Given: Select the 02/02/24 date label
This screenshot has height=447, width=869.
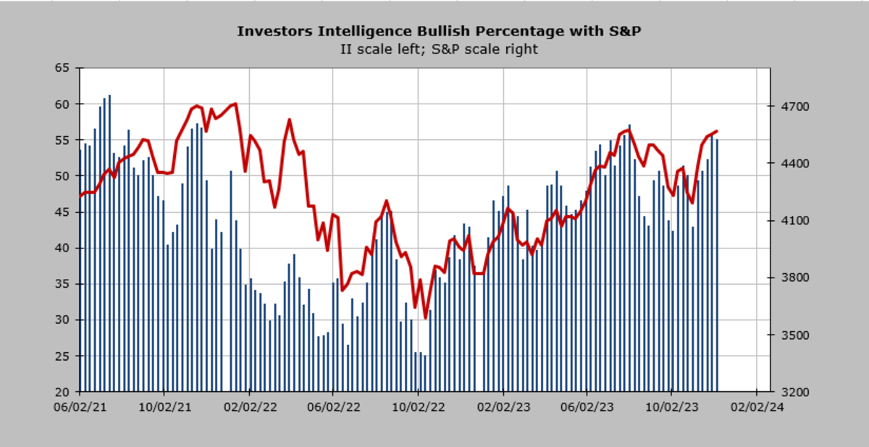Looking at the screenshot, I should coord(757,407).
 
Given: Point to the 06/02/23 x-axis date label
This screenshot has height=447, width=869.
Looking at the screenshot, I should coord(587,407).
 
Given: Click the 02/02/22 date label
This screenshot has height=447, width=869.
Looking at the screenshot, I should coord(249,407).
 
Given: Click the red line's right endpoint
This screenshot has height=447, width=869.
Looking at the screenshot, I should coord(716,131).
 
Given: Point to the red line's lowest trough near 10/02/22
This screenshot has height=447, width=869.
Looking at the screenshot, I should coord(425,317).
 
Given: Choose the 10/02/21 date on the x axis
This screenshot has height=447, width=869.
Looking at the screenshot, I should coord(164,407).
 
